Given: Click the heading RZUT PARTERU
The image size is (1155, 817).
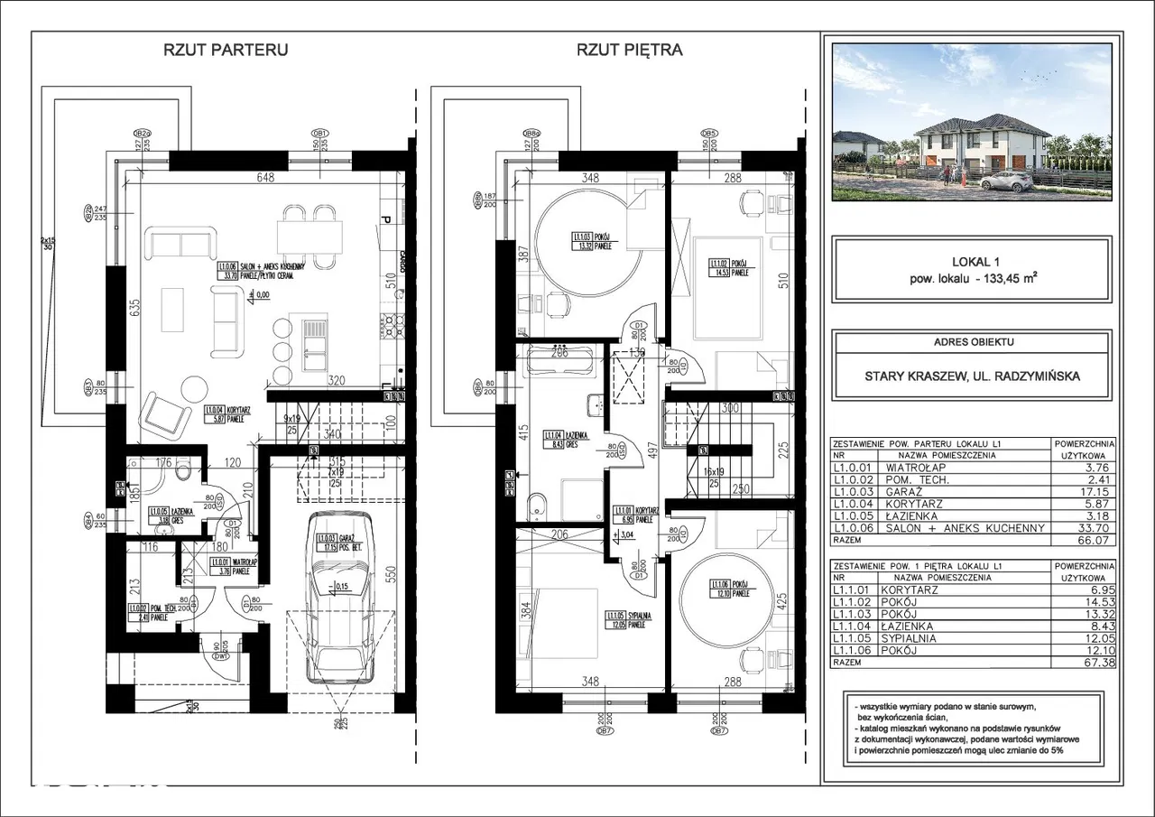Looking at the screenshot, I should [x=225, y=51].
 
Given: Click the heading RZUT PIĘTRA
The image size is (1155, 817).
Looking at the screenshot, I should [x=629, y=51].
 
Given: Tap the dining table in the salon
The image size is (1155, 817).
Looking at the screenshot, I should [x=310, y=237].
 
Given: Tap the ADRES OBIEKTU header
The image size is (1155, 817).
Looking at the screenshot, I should [x=971, y=342].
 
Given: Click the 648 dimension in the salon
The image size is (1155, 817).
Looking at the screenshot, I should [x=264, y=178].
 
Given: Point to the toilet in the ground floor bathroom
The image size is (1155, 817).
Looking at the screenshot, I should [x=186, y=469].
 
